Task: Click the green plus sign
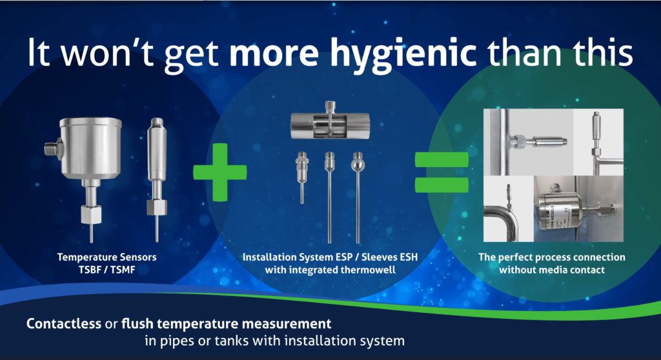(x=220, y=172)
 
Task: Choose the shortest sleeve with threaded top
(x=301, y=174)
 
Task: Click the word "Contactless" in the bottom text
(x=63, y=323)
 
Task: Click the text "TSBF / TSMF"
(x=107, y=269)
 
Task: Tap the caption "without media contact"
(x=552, y=269)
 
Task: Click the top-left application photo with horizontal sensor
(x=527, y=141)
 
